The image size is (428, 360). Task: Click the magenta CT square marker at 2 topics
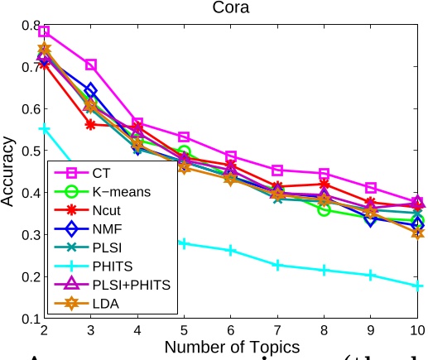pos(44,31)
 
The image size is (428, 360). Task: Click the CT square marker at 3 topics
pos(91,65)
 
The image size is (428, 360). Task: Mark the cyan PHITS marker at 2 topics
pos(44,129)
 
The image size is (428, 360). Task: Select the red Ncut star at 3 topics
pos(91,125)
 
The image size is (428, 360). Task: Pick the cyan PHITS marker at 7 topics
pos(278,265)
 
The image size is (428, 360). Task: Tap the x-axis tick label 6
pos(231,330)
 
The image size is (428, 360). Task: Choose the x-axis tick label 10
pos(417,330)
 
